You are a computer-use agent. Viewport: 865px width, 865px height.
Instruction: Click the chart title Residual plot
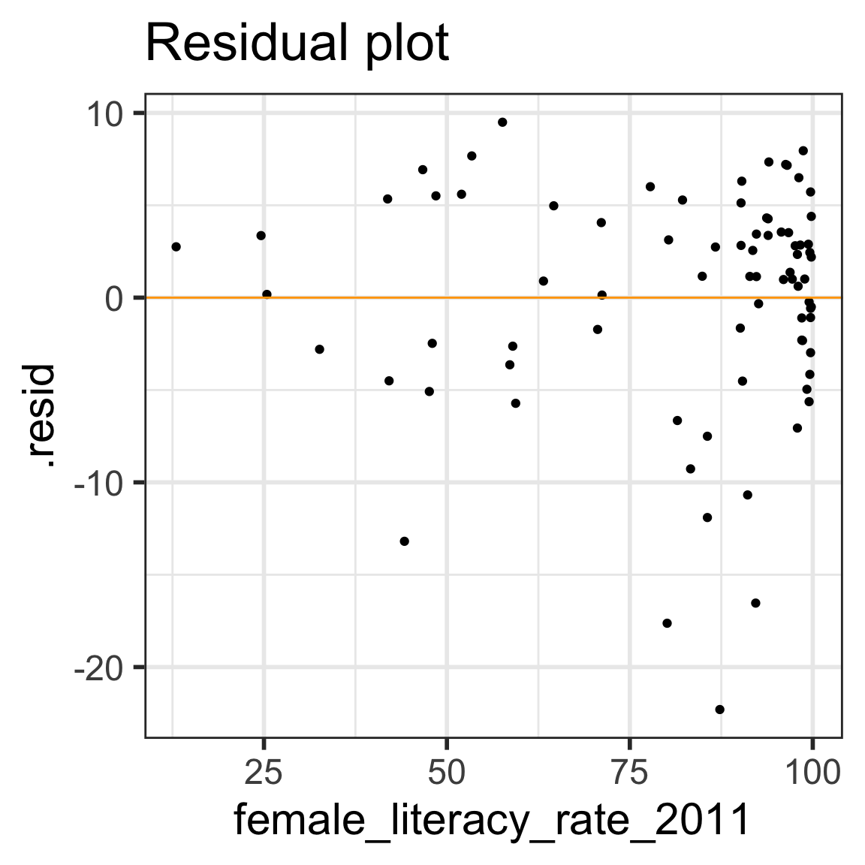297,44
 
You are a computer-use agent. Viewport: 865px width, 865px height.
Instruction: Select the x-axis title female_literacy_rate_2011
492,819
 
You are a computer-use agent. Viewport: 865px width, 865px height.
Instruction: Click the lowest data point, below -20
719,710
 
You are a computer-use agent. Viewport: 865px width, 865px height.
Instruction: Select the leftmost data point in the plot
176,246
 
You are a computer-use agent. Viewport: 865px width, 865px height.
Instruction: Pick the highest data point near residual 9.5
502,122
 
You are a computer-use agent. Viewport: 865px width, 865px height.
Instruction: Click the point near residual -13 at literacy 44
404,541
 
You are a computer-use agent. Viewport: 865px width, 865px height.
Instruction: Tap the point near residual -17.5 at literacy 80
667,623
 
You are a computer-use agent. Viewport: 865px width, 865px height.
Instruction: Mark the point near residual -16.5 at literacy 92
755,603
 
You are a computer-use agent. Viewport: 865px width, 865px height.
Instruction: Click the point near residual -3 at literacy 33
319,349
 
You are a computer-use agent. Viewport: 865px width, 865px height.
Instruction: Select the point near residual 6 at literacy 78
650,186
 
